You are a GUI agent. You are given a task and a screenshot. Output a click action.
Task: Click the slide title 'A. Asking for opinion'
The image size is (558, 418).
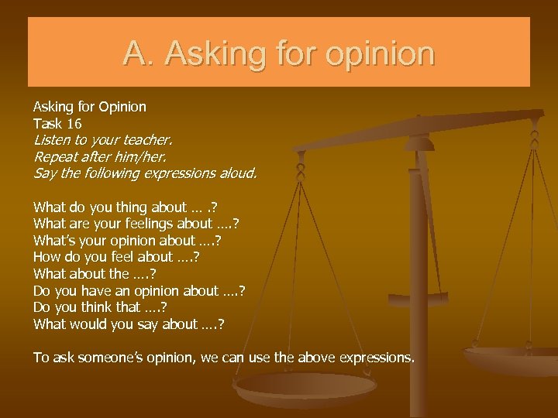click(279, 53)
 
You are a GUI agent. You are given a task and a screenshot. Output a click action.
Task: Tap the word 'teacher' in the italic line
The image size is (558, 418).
click(145, 141)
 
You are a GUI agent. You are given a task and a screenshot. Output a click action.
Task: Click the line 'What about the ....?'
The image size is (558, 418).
click(95, 273)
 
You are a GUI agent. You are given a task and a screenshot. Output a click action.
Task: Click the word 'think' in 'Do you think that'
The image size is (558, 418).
click(95, 307)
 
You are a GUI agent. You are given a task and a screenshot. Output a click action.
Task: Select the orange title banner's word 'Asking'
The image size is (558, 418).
click(194, 53)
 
